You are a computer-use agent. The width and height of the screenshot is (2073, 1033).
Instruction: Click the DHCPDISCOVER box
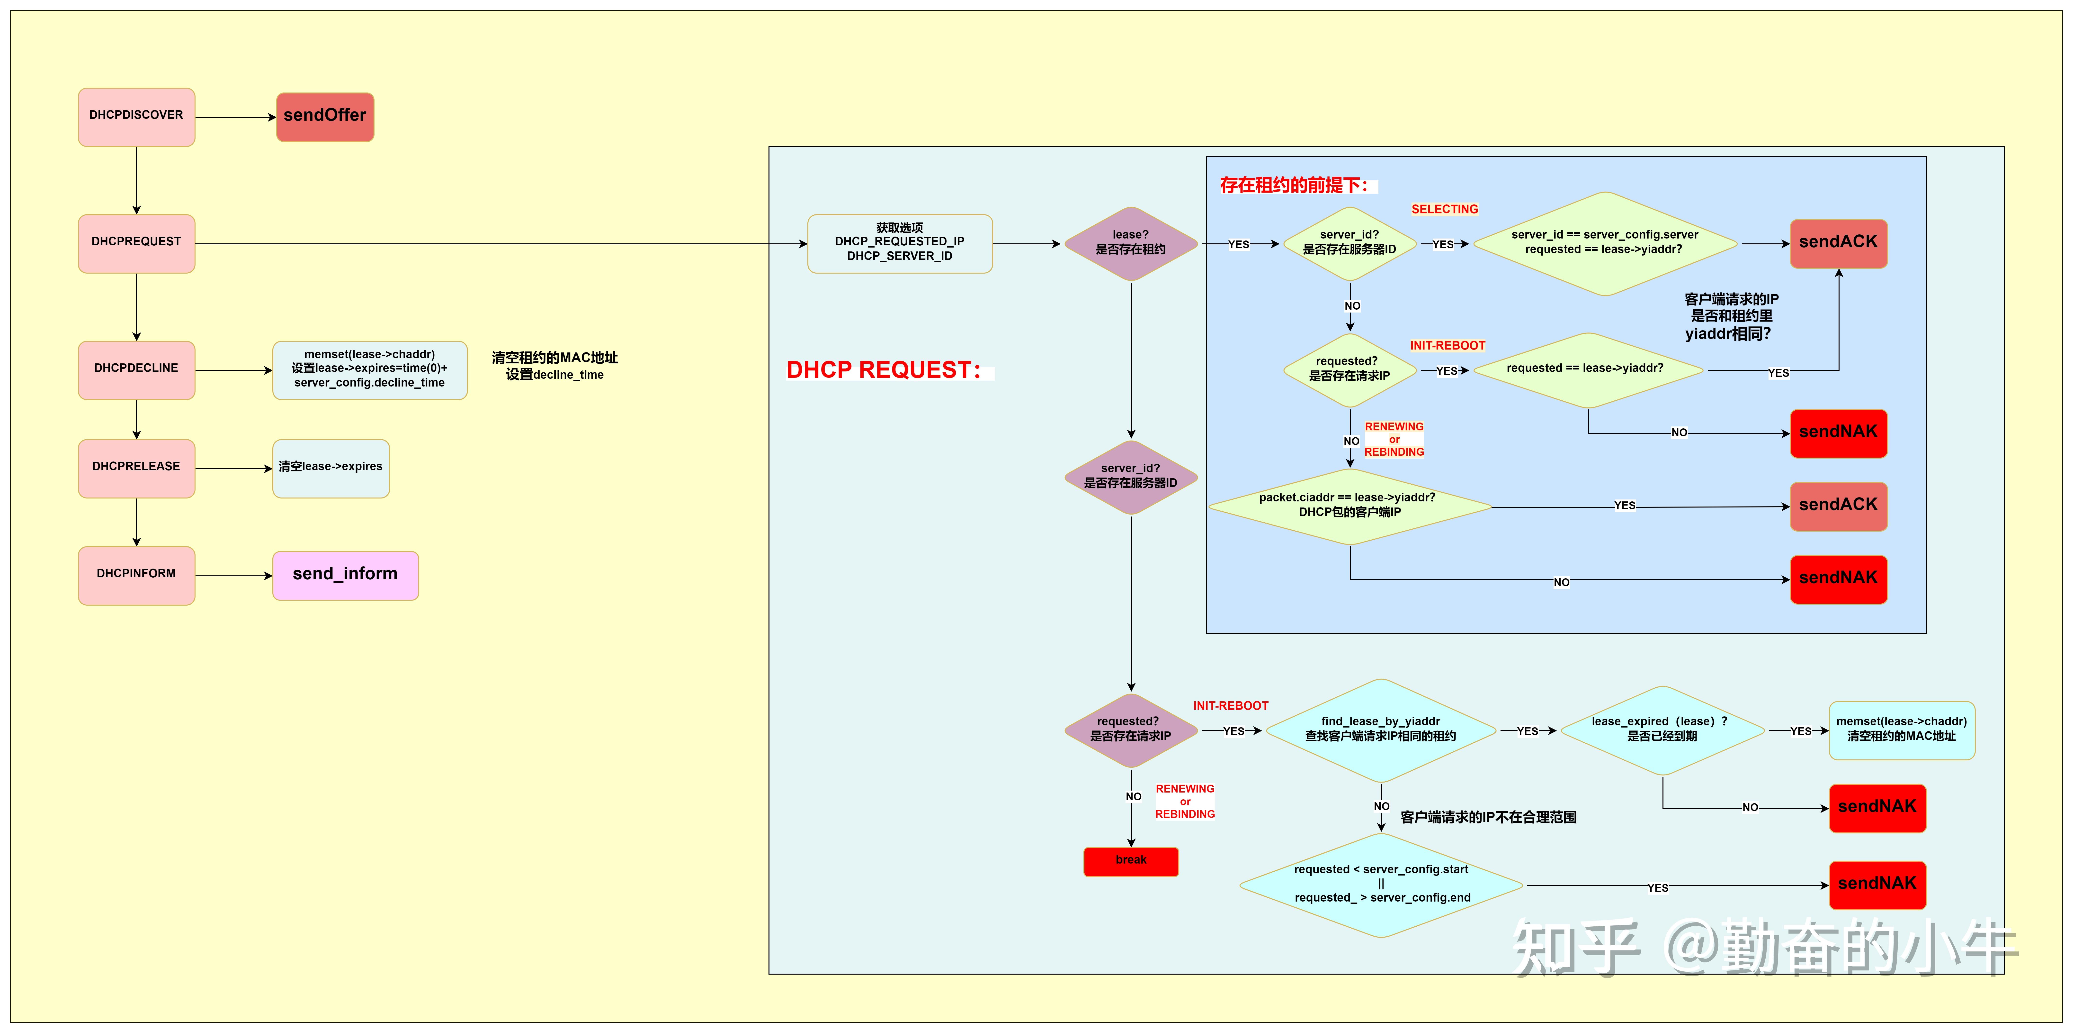(x=136, y=117)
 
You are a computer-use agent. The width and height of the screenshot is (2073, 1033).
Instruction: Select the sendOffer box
(x=325, y=117)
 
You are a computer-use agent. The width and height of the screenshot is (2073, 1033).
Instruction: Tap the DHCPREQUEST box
(x=136, y=243)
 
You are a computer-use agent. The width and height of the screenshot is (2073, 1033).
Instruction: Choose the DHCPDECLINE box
(x=136, y=369)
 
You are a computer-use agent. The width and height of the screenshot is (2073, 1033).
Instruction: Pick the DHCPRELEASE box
(x=136, y=468)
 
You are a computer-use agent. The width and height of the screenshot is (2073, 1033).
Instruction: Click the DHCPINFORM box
(x=136, y=575)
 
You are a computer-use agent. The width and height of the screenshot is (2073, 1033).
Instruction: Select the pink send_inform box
(x=345, y=575)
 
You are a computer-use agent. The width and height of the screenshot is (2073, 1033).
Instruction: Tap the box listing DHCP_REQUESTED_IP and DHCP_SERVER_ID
(x=900, y=243)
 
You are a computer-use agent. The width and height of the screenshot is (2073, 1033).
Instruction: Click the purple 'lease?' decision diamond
(x=1131, y=243)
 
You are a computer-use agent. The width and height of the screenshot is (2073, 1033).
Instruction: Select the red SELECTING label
(x=1445, y=209)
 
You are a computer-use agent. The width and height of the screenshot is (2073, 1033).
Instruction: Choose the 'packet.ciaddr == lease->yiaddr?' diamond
(x=1349, y=507)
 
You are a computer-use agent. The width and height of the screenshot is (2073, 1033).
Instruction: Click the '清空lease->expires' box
(x=331, y=468)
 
